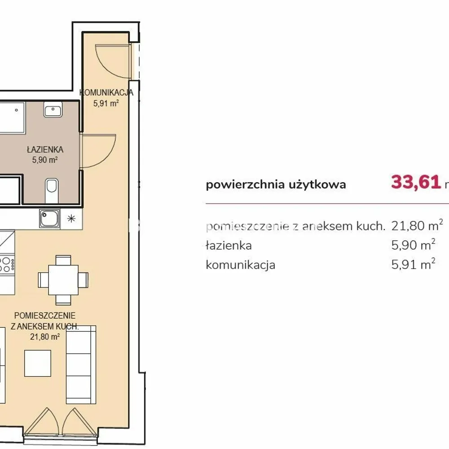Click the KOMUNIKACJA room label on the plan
click(106, 92)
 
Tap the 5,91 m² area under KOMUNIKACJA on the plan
click(106, 103)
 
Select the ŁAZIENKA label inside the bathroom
click(45, 150)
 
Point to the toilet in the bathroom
click(52, 190)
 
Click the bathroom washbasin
click(53, 110)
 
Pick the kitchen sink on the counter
click(49, 219)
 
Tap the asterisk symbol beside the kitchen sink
click(71, 219)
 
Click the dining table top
click(63, 280)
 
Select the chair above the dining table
click(63, 260)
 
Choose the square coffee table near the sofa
click(38, 363)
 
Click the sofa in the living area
click(81, 365)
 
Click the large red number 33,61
click(416, 182)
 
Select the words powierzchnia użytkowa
click(276, 185)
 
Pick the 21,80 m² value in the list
click(417, 225)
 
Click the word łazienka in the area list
click(229, 246)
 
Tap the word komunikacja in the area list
click(241, 265)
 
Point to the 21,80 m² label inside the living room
click(45, 337)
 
